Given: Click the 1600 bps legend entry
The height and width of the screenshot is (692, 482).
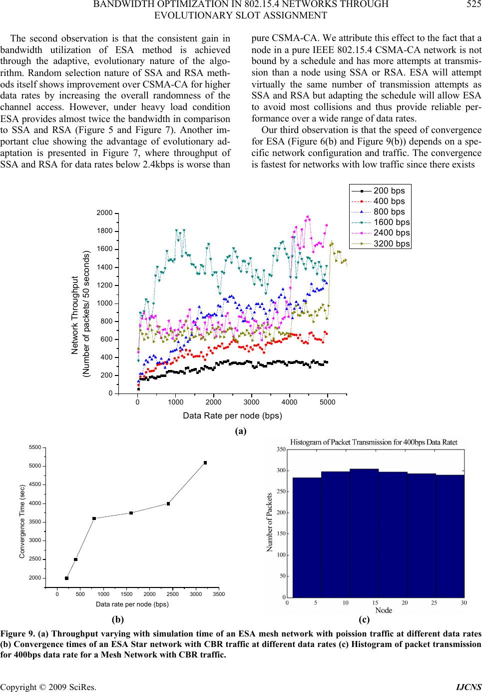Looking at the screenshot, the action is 381,222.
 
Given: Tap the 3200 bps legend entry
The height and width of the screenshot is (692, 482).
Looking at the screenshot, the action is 381,243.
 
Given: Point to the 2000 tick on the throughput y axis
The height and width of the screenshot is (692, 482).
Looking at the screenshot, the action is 104,213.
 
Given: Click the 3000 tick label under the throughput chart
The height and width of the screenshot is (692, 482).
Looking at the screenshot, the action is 252,402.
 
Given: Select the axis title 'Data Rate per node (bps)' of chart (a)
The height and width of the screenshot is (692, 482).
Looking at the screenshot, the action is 232,415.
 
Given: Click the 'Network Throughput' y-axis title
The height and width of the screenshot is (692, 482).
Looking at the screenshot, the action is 75,315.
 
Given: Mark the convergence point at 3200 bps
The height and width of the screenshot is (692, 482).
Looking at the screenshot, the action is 205,463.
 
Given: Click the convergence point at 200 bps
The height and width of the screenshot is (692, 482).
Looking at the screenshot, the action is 66,578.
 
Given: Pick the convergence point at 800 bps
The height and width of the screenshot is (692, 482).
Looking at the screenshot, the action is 94,518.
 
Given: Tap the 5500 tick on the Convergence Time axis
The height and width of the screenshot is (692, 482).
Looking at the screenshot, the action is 34,447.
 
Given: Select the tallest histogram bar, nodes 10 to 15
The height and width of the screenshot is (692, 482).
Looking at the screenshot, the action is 364,533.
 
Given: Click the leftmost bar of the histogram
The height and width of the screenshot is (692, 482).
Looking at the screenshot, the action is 307,537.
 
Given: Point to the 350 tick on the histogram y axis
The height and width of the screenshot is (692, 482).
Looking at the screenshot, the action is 281,449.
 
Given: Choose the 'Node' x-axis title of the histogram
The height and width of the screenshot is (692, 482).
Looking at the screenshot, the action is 384,610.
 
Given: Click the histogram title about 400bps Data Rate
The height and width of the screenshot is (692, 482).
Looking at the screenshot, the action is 374,442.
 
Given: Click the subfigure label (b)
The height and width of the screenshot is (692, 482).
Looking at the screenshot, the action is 118,619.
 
